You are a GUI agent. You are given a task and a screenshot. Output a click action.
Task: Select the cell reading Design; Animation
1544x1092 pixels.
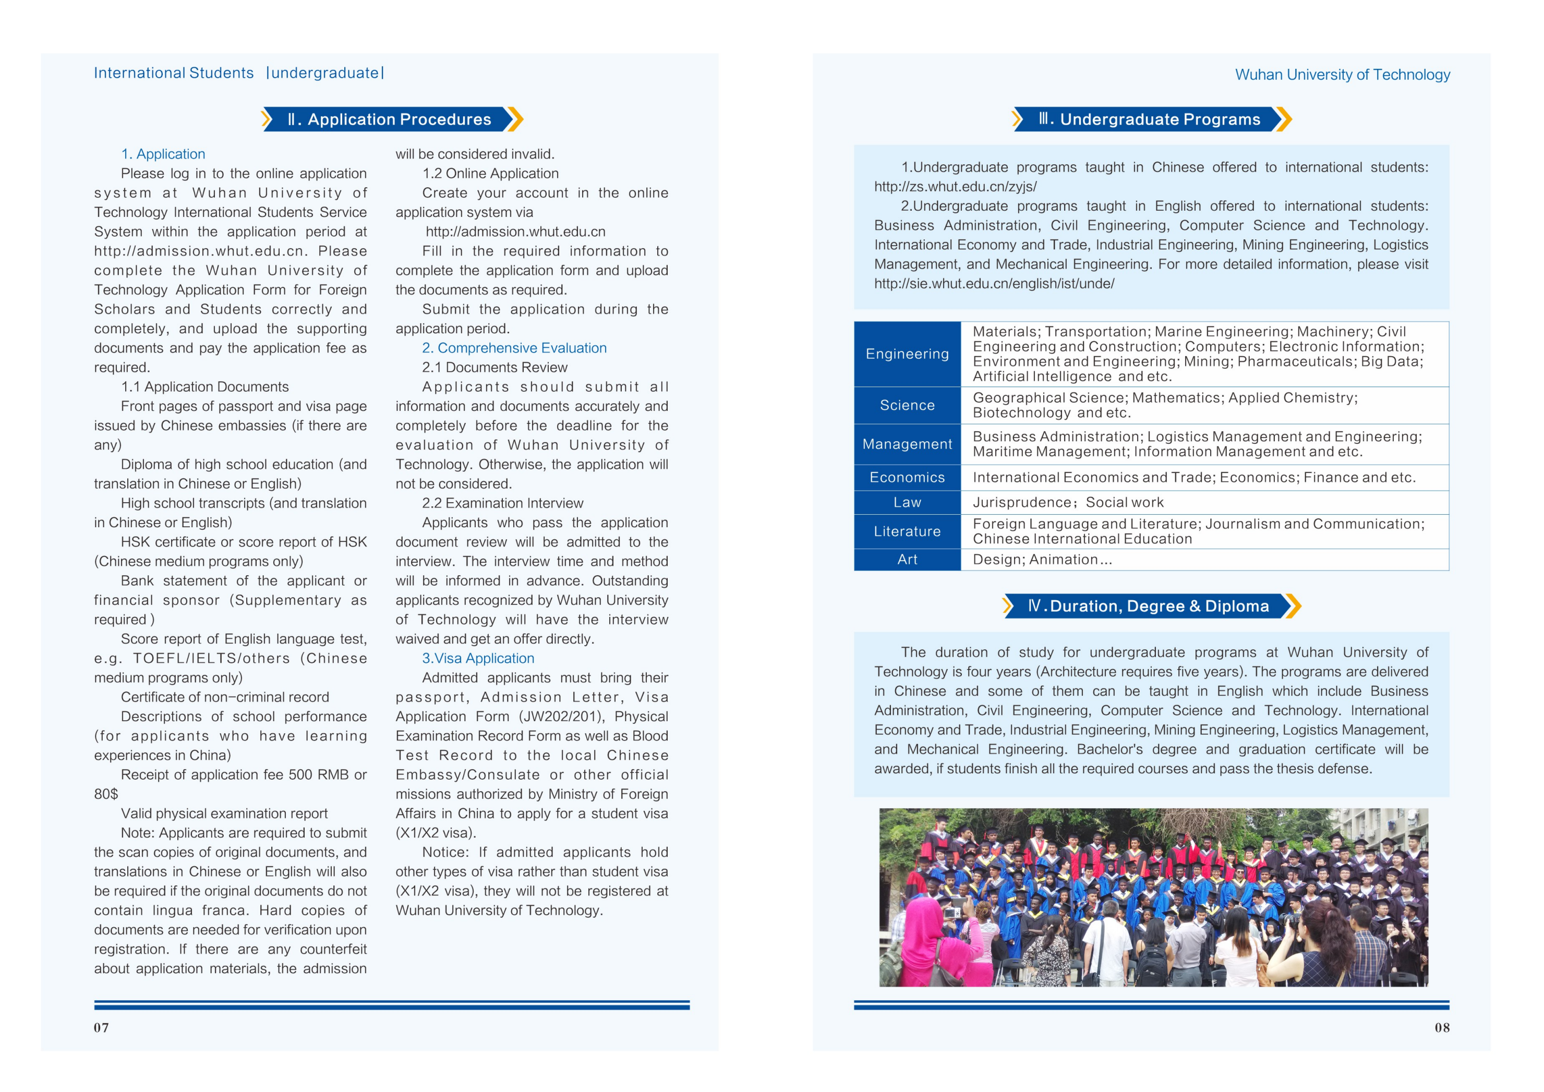(x=1042, y=560)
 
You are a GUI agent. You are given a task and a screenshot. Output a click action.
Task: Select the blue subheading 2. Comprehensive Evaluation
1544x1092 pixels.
(x=514, y=348)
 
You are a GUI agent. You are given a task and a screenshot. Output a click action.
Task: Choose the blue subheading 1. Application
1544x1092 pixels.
(x=163, y=154)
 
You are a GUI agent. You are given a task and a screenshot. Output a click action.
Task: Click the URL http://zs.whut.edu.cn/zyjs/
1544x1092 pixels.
(x=955, y=186)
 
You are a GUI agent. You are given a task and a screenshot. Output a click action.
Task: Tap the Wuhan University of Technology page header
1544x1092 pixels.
(x=1342, y=75)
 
